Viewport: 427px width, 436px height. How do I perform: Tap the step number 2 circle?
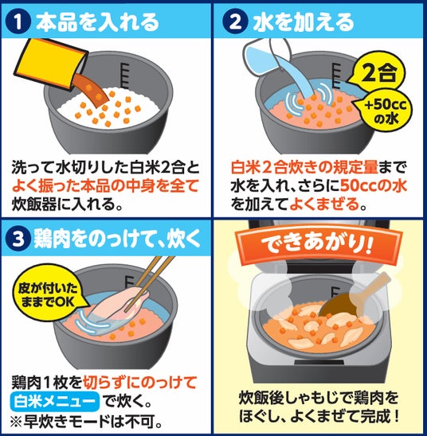click(x=235, y=21)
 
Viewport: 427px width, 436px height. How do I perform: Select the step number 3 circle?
click(x=18, y=239)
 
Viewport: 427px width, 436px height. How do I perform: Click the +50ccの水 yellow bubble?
click(x=385, y=111)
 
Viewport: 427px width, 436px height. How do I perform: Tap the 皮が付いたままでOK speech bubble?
click(x=48, y=294)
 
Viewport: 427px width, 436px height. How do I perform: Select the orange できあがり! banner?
click(x=316, y=245)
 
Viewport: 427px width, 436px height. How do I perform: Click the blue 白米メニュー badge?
click(x=54, y=402)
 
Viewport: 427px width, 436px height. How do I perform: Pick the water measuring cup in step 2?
click(x=266, y=57)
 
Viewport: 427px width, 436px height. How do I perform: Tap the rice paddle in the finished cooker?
click(x=356, y=299)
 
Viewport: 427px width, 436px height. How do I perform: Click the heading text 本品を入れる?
click(x=97, y=22)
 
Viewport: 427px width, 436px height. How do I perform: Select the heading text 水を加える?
click(x=304, y=22)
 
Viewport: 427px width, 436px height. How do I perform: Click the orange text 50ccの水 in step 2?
click(x=374, y=185)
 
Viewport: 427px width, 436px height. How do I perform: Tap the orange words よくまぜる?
click(x=324, y=204)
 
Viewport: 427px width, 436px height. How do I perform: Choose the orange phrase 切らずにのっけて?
click(x=140, y=383)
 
